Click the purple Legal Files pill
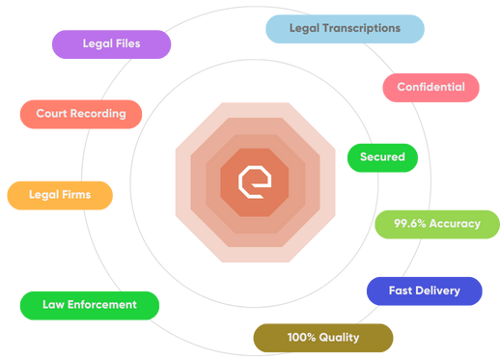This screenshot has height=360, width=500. click(x=110, y=44)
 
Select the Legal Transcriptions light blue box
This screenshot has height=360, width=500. click(x=345, y=29)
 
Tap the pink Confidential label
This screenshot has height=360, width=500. click(x=431, y=87)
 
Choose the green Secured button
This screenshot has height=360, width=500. click(x=382, y=157)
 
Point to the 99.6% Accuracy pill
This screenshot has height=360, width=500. click(x=436, y=224)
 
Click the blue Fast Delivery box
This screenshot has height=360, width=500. click(x=424, y=291)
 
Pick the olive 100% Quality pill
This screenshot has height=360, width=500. click(x=322, y=338)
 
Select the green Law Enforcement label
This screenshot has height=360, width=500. click(x=89, y=305)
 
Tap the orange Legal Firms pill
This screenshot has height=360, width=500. click(x=60, y=195)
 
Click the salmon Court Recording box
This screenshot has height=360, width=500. click(x=81, y=114)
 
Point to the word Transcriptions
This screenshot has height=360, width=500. click(x=363, y=29)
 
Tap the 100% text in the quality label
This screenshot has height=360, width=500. click(x=300, y=338)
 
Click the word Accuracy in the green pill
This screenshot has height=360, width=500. click(x=455, y=224)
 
